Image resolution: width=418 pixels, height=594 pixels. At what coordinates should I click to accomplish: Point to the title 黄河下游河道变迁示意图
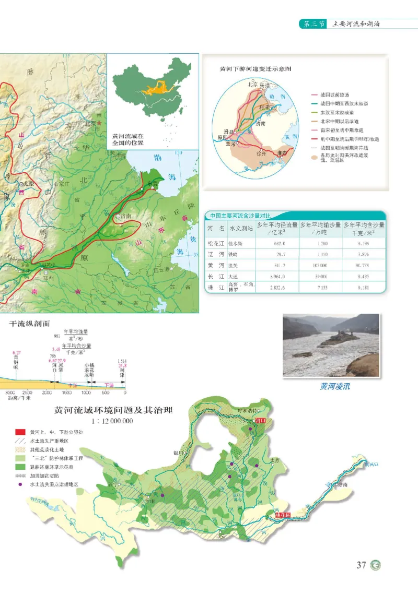[x=255, y=68]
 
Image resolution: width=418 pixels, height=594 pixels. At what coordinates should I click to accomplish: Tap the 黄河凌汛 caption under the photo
[x=334, y=387]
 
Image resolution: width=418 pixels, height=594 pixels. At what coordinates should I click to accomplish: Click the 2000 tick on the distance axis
[x=47, y=392]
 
